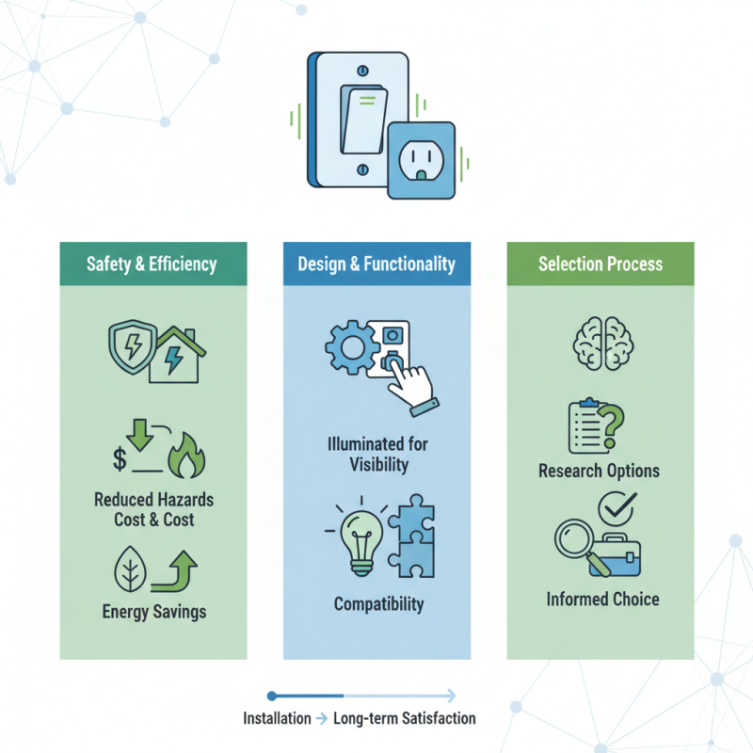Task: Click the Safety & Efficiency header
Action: tap(153, 264)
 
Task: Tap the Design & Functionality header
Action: tap(376, 264)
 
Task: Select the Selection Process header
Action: tap(600, 264)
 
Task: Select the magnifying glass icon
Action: tap(575, 545)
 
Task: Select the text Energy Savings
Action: tap(153, 612)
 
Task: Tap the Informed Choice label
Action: tap(602, 599)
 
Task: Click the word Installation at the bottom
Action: tap(277, 718)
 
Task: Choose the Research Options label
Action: tap(599, 470)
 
